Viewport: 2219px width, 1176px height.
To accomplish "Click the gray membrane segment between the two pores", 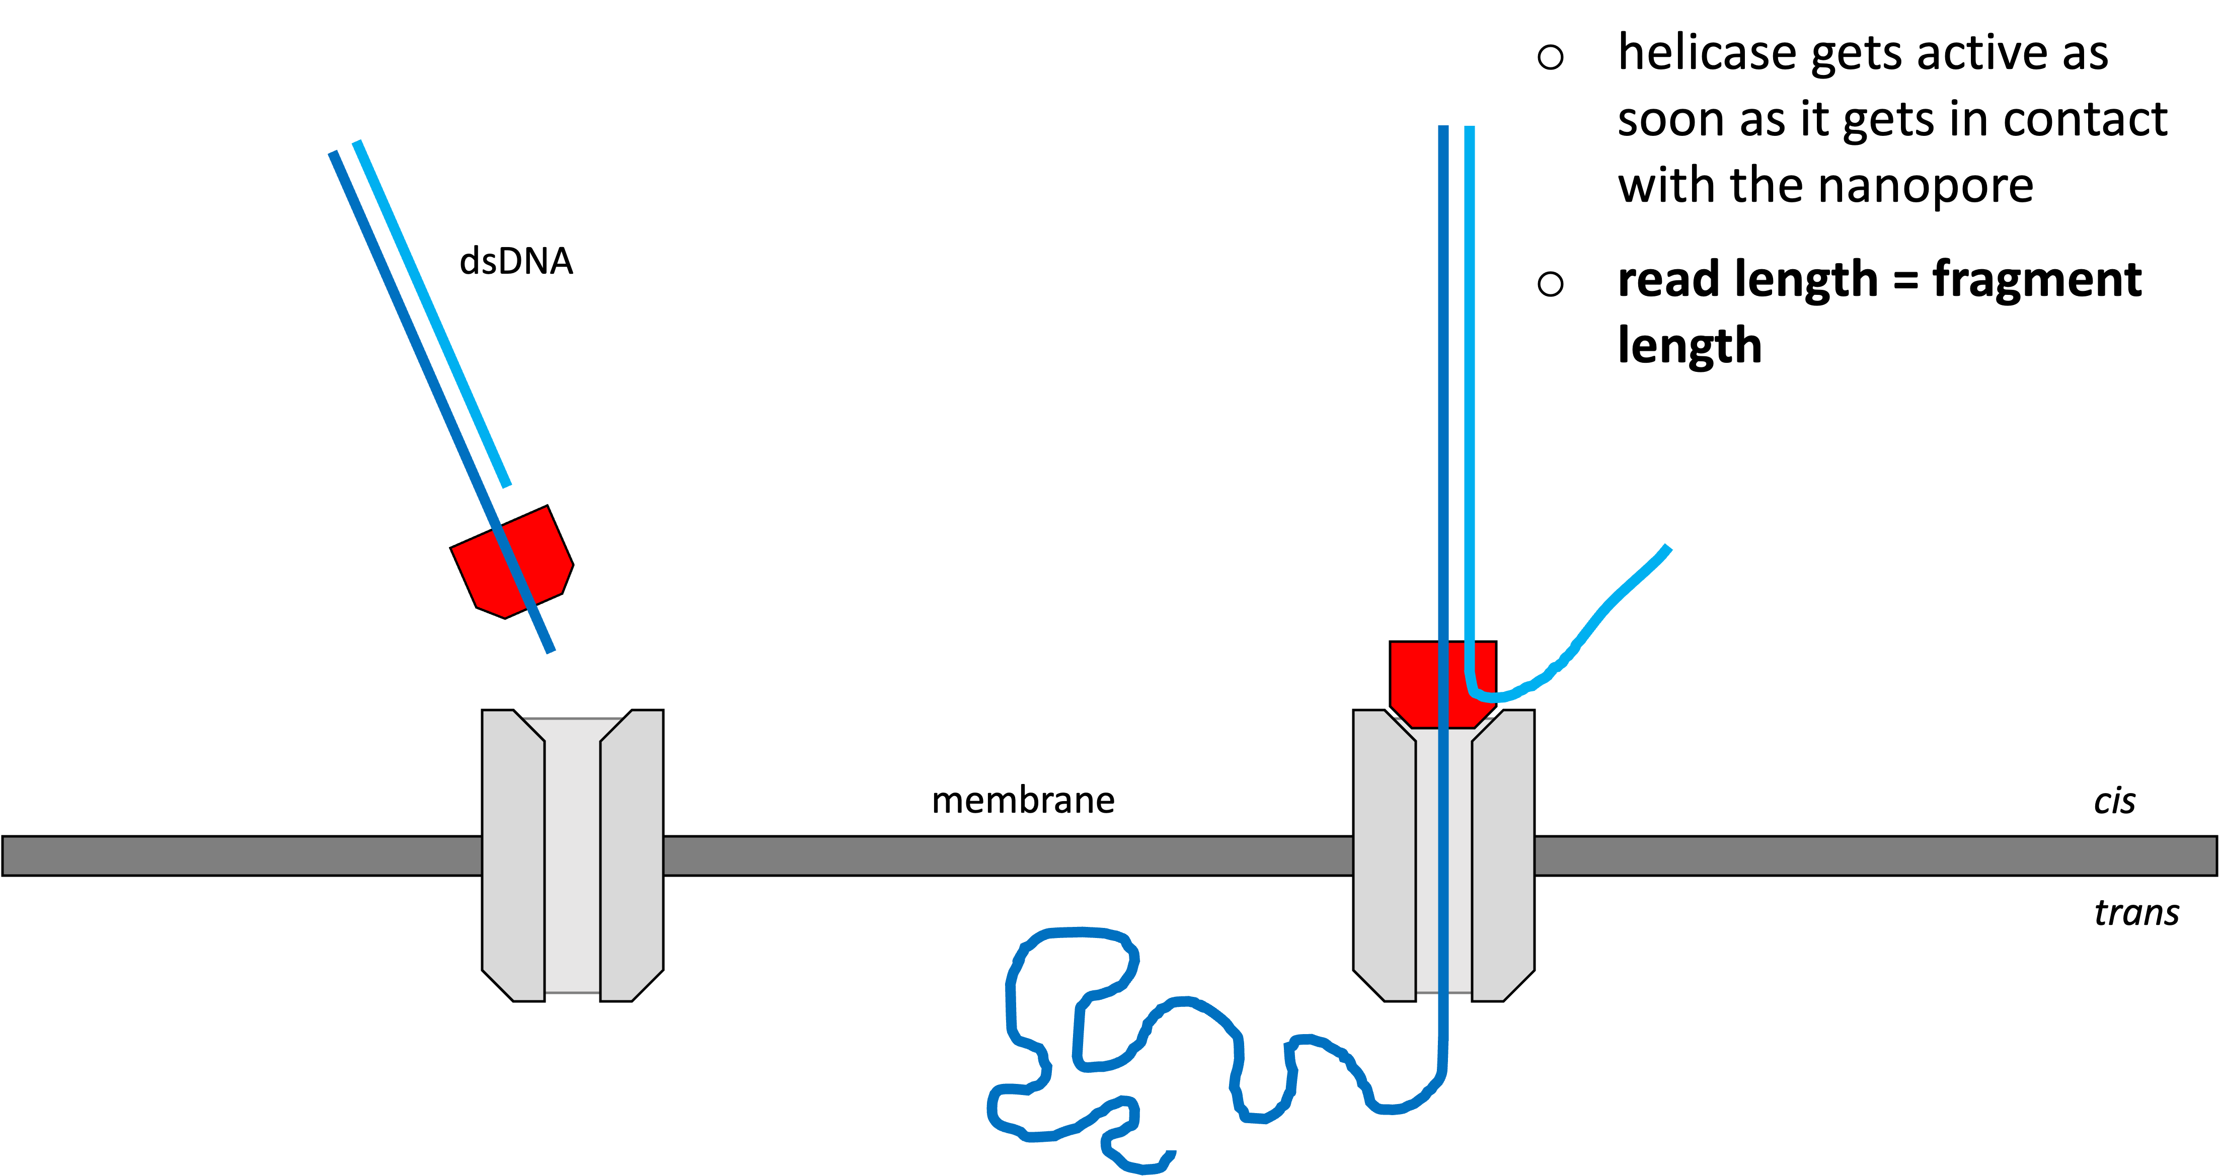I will tap(1008, 855).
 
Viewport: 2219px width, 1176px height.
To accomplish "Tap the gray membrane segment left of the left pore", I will tap(241, 855).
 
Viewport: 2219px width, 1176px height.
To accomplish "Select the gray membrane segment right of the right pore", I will tap(1874, 855).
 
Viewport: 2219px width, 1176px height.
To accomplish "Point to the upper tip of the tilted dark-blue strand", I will tap(333, 154).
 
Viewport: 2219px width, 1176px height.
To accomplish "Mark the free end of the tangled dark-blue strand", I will tap(1172, 1153).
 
